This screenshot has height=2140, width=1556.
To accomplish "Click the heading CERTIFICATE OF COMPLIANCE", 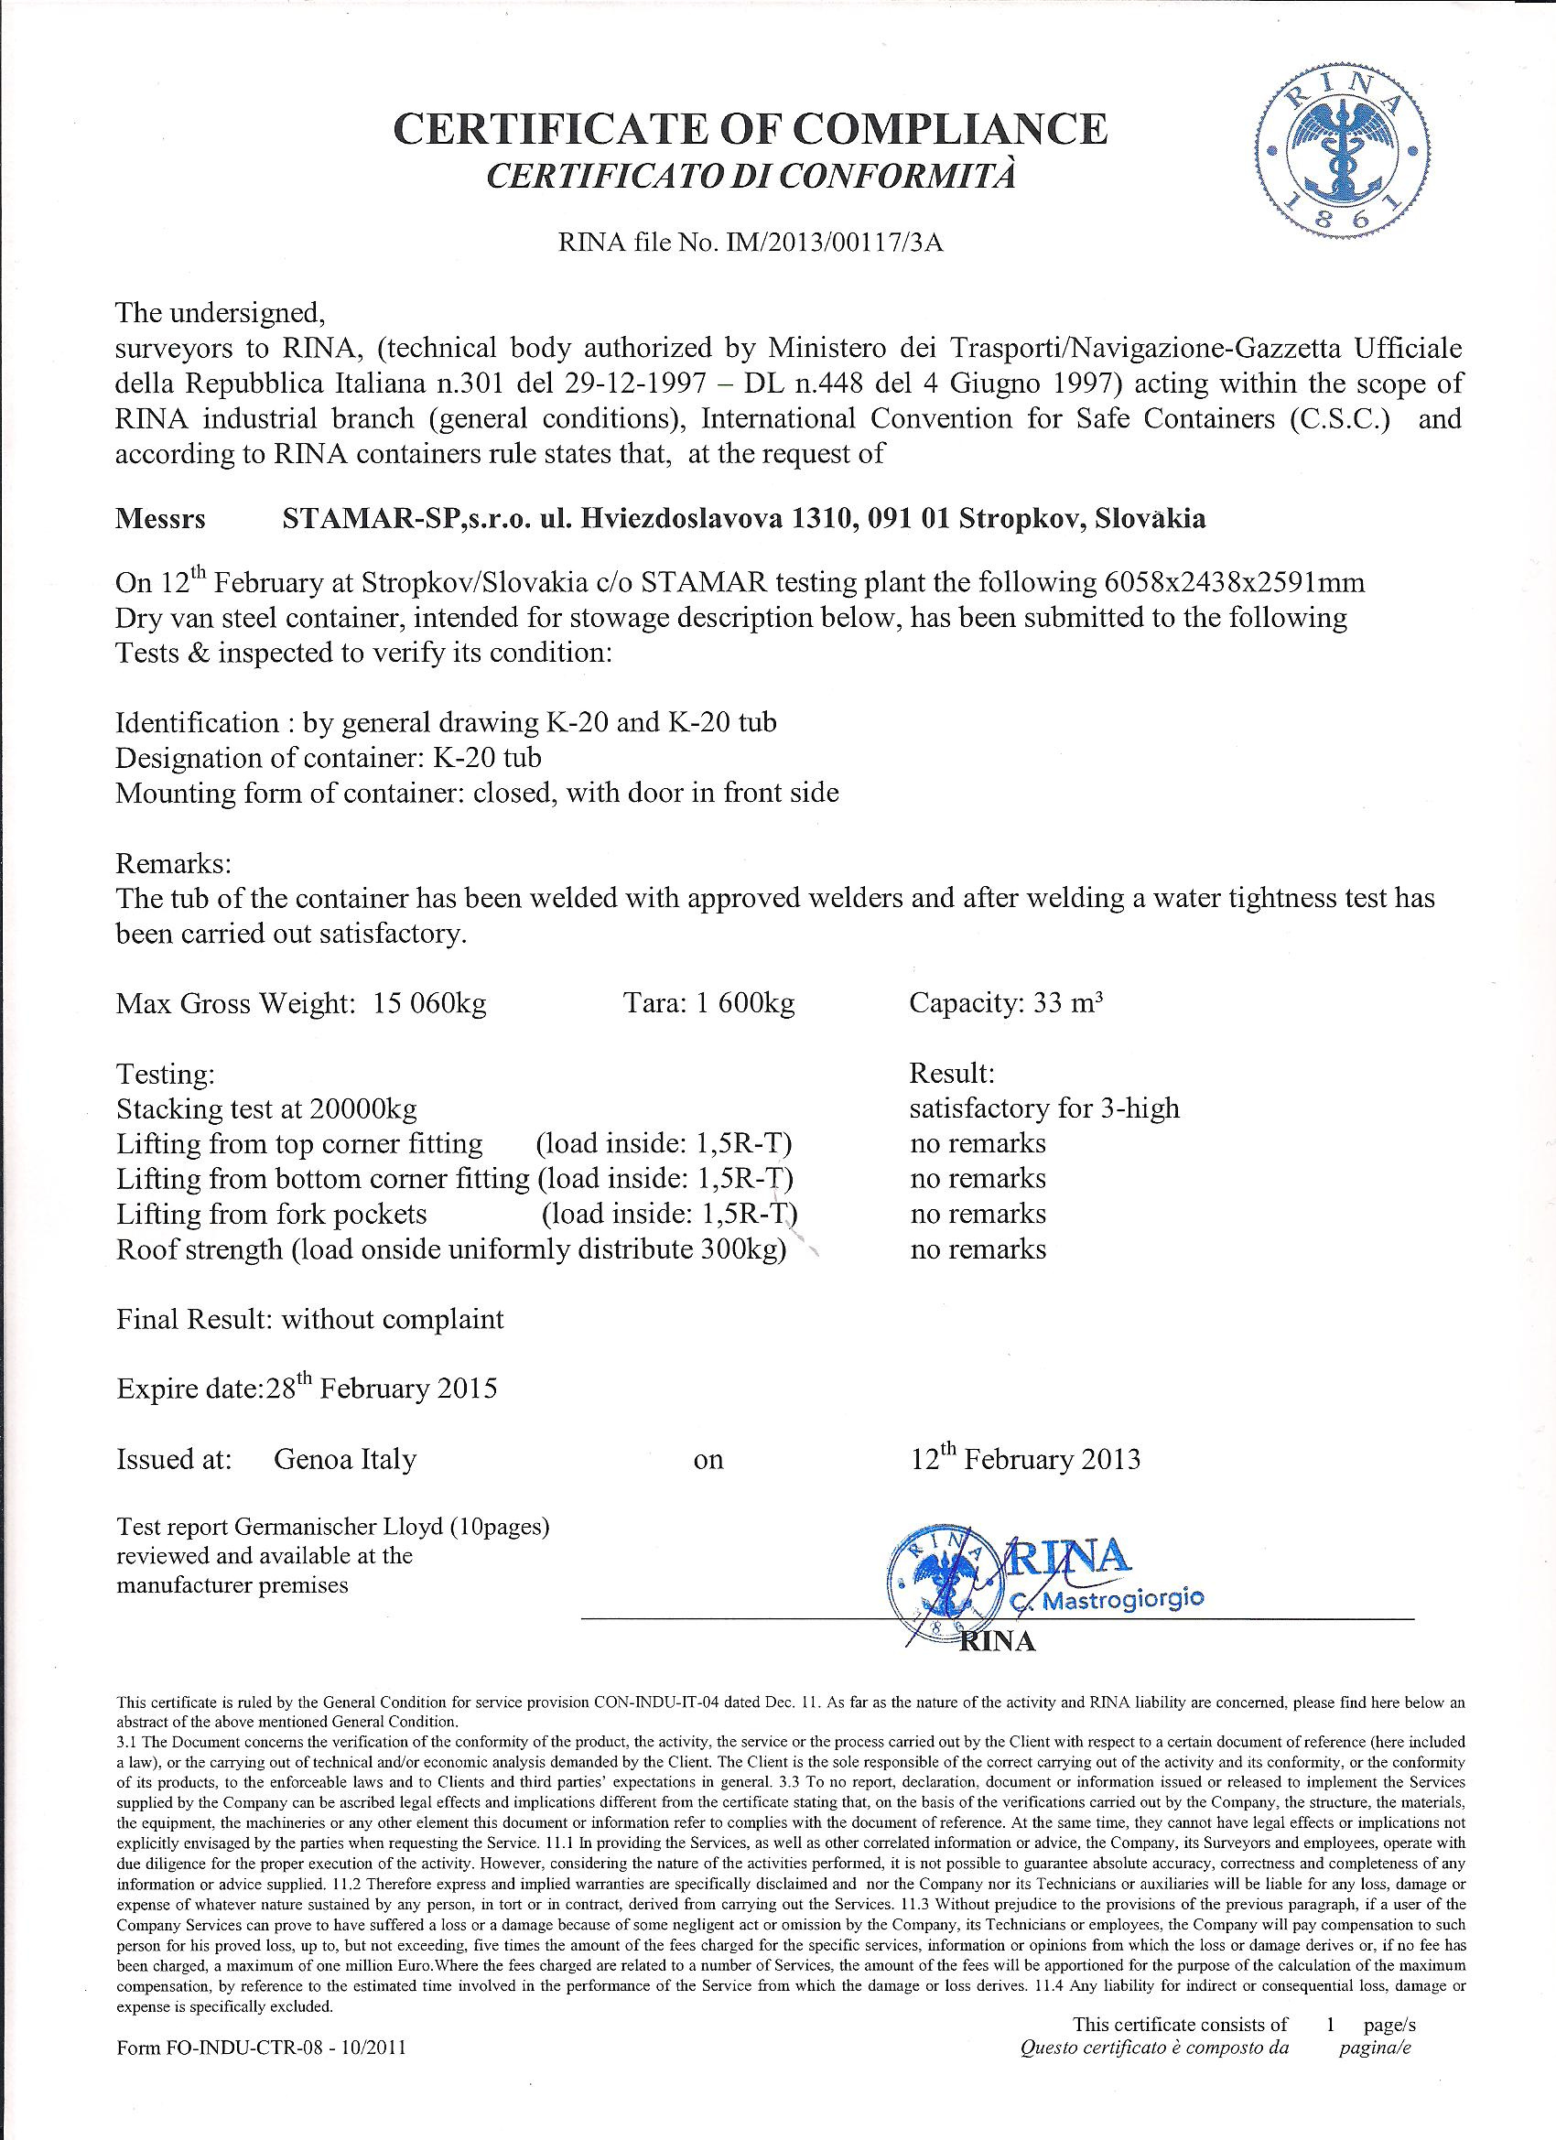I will [x=751, y=129].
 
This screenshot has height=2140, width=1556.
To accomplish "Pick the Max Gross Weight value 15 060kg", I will [x=429, y=1003].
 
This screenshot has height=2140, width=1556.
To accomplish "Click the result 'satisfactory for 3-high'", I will [x=1043, y=1108].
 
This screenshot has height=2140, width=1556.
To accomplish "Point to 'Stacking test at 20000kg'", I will [x=266, y=1108].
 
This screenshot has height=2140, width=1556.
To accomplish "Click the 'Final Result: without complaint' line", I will [x=309, y=1319].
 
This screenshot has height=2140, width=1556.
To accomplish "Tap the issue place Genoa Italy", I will [x=344, y=1460].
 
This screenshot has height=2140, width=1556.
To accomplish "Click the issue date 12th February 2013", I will [x=1025, y=1460].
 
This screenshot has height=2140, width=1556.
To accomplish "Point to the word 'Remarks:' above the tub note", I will [x=173, y=863].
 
